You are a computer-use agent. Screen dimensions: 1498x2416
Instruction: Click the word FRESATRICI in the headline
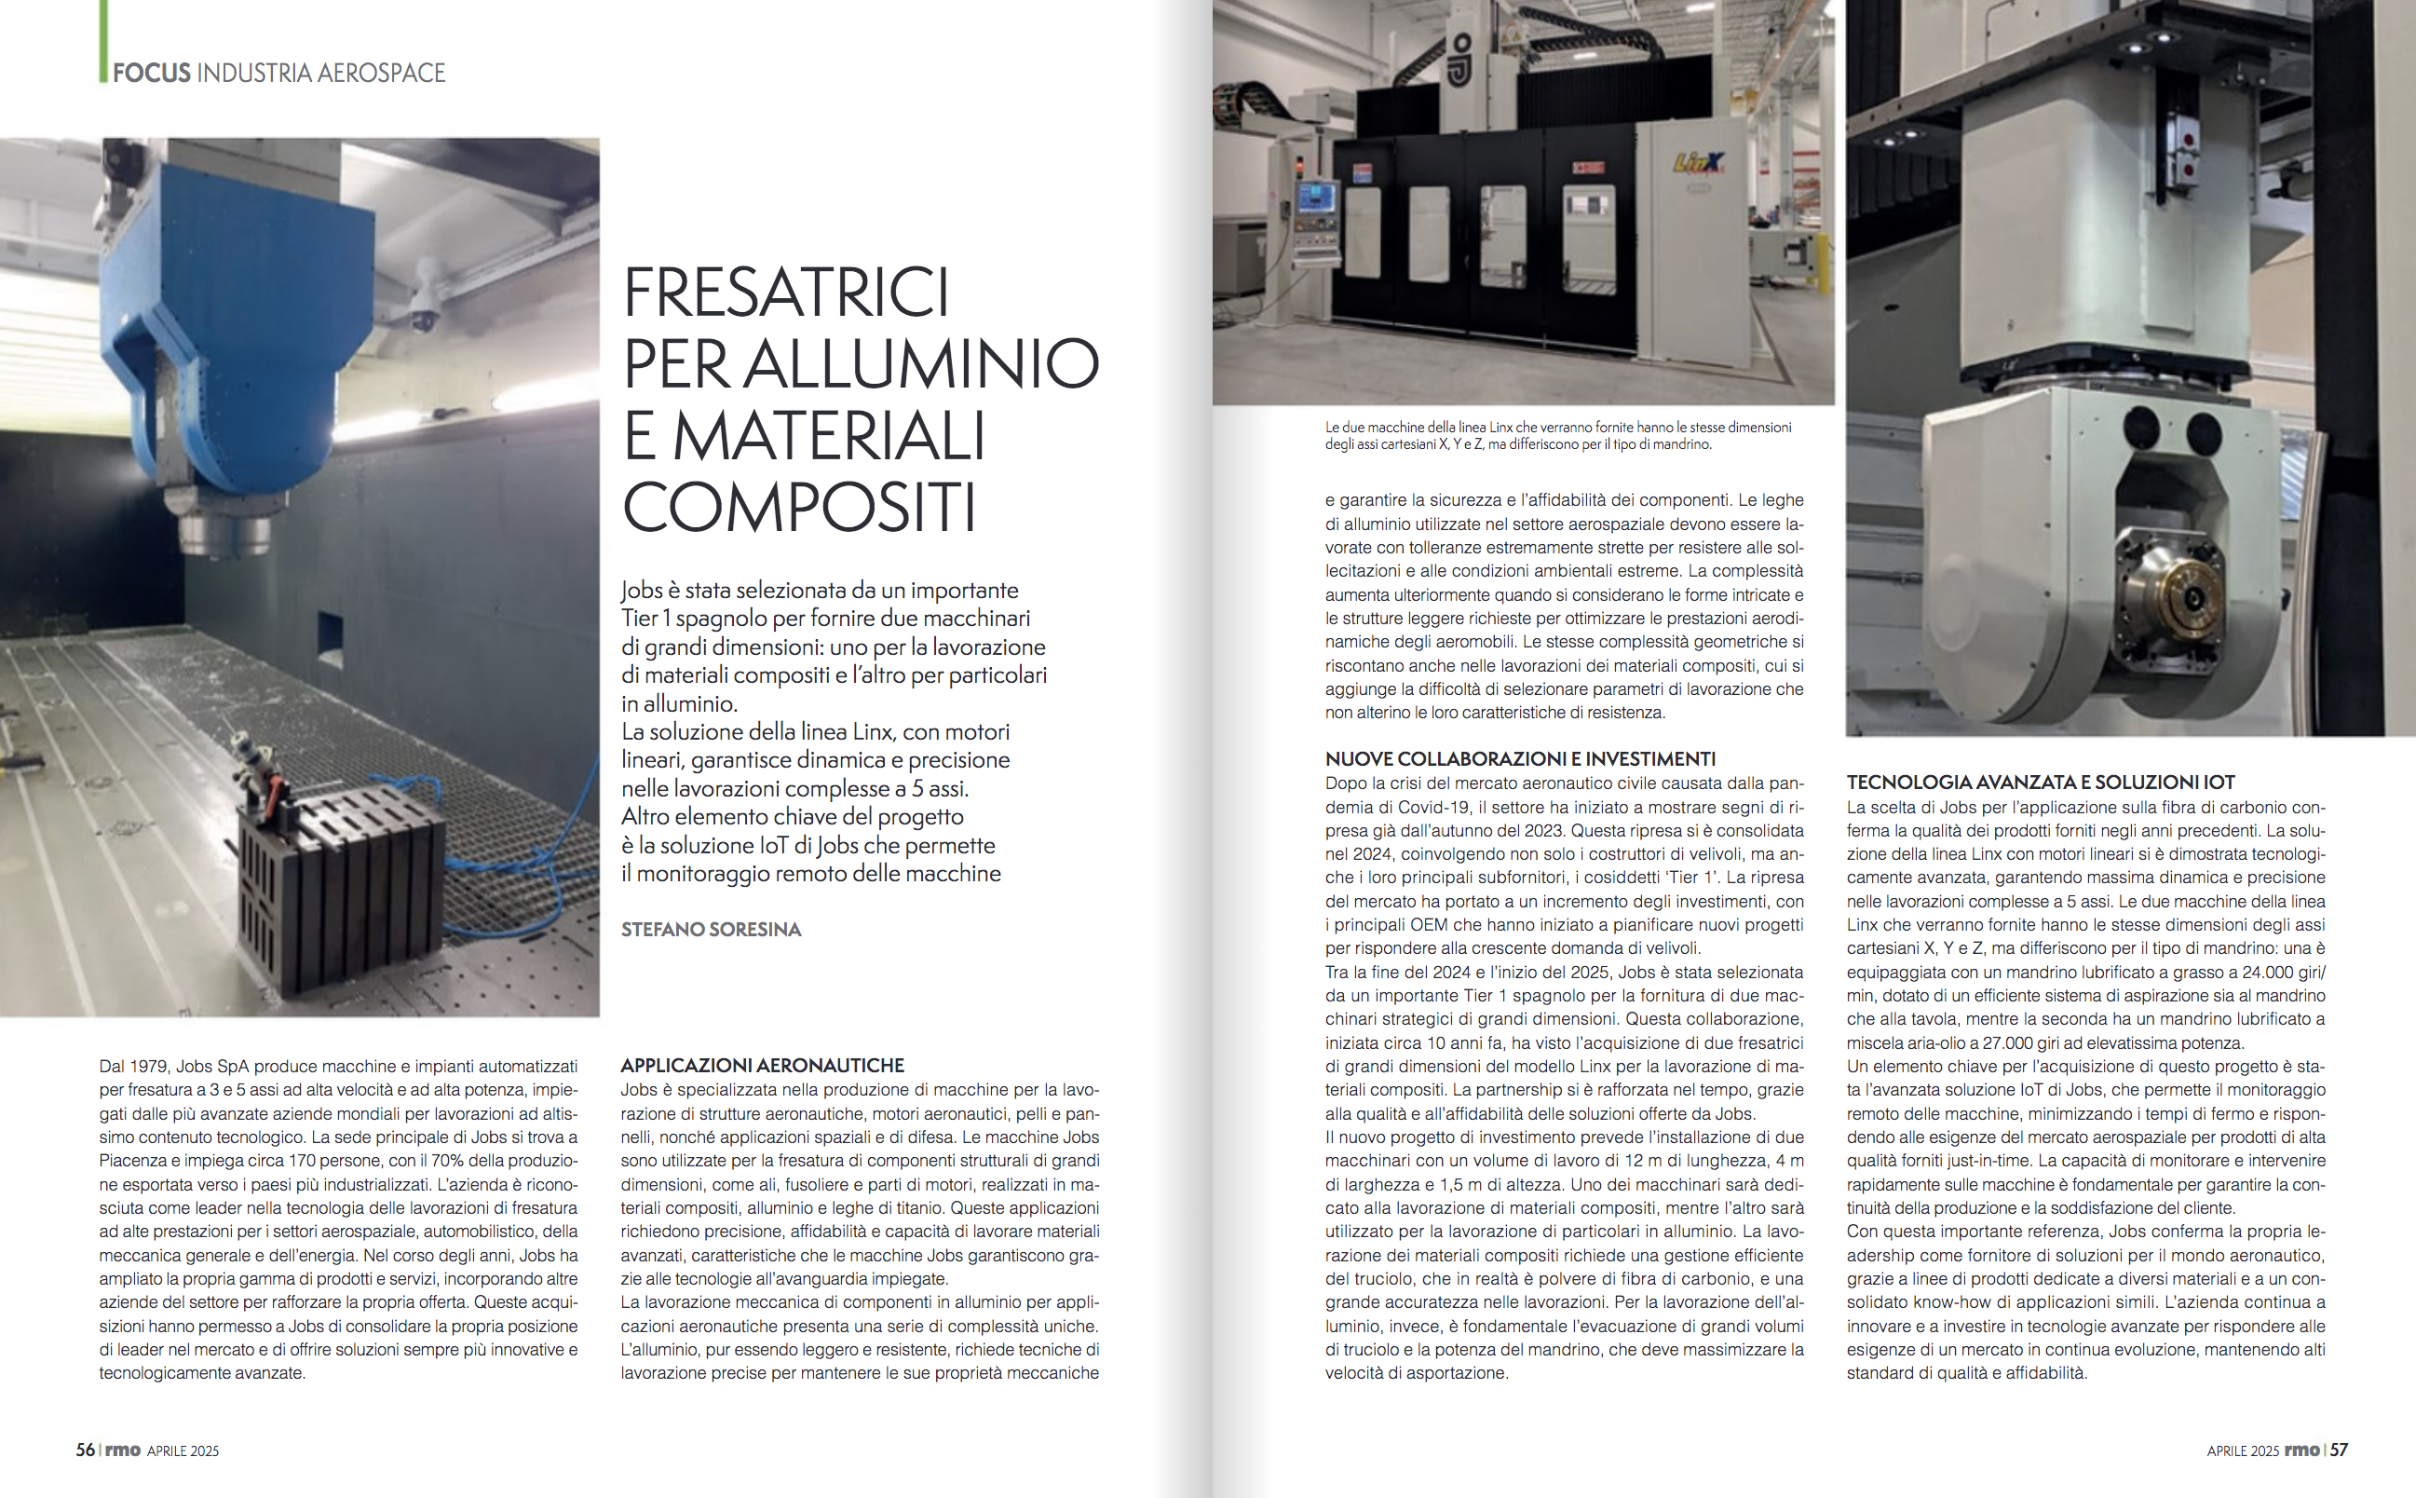[x=785, y=293]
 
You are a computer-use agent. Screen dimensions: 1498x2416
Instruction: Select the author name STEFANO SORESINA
[x=711, y=930]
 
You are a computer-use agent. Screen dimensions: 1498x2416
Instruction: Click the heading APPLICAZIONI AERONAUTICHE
[x=762, y=1065]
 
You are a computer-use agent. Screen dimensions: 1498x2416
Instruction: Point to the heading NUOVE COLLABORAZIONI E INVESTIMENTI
[x=1519, y=759]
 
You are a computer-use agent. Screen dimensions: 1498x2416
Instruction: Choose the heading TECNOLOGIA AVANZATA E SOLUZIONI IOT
[x=2040, y=782]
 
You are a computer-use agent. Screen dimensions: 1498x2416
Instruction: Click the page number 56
[x=85, y=1450]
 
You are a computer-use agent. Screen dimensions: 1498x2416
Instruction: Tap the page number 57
[x=2338, y=1450]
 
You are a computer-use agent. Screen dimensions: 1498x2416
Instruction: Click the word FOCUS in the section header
[x=151, y=74]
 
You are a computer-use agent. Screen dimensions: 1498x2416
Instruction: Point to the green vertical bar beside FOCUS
[x=103, y=40]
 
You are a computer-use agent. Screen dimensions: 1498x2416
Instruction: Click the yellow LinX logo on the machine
[x=1698, y=162]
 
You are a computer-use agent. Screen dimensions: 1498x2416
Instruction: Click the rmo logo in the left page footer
[x=122, y=1450]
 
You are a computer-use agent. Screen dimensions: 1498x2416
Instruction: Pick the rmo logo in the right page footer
[x=2301, y=1450]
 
